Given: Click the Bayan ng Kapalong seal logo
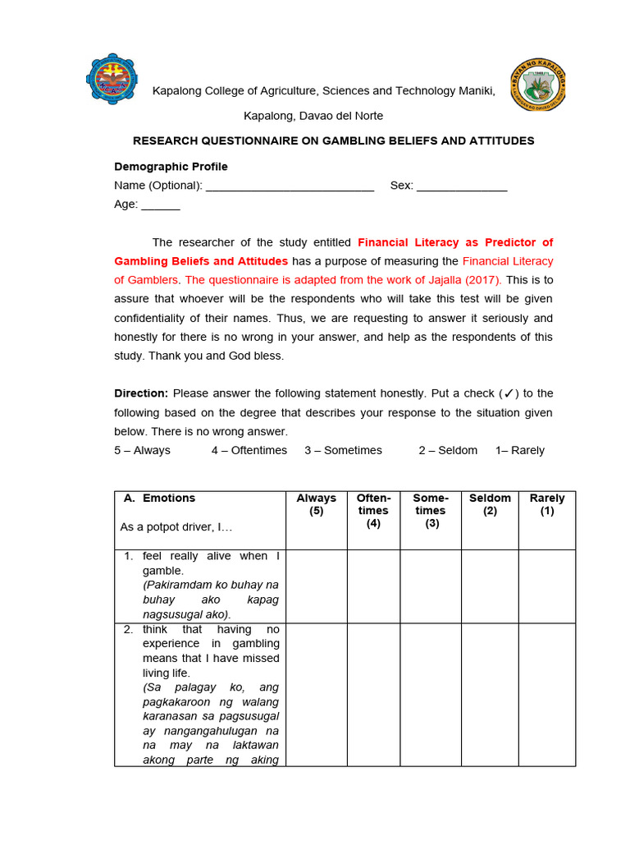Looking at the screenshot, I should [537, 85].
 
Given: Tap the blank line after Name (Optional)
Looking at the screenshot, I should [290, 186].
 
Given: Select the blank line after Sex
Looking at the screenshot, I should [462, 186].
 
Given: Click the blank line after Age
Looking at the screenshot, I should [161, 205].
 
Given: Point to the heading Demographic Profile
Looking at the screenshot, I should [171, 167].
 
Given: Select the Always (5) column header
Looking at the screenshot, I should [316, 504].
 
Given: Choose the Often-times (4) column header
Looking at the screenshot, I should [373, 510].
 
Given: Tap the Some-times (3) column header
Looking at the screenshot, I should [430, 510].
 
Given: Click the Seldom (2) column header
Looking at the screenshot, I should [490, 504].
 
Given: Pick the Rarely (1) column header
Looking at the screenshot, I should [547, 504].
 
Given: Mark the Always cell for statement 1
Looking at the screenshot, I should [316, 586].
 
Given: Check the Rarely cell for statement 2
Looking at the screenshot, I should [547, 694].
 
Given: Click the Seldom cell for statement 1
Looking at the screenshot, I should [490, 586].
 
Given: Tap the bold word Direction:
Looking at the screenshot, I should [141, 393].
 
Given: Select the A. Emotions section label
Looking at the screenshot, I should [159, 498].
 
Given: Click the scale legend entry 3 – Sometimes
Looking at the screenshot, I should [343, 450].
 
